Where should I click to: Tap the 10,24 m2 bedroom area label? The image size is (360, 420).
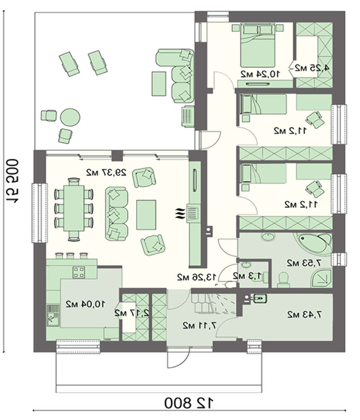(260, 74)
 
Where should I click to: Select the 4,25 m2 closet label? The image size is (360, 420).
(312, 68)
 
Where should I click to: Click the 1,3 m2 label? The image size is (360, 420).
(247, 276)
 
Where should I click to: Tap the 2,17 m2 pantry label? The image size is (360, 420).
(132, 312)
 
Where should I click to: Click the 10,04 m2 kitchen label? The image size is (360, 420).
(85, 303)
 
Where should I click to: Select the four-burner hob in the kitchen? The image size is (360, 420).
(79, 272)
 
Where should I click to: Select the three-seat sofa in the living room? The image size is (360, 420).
(117, 212)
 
